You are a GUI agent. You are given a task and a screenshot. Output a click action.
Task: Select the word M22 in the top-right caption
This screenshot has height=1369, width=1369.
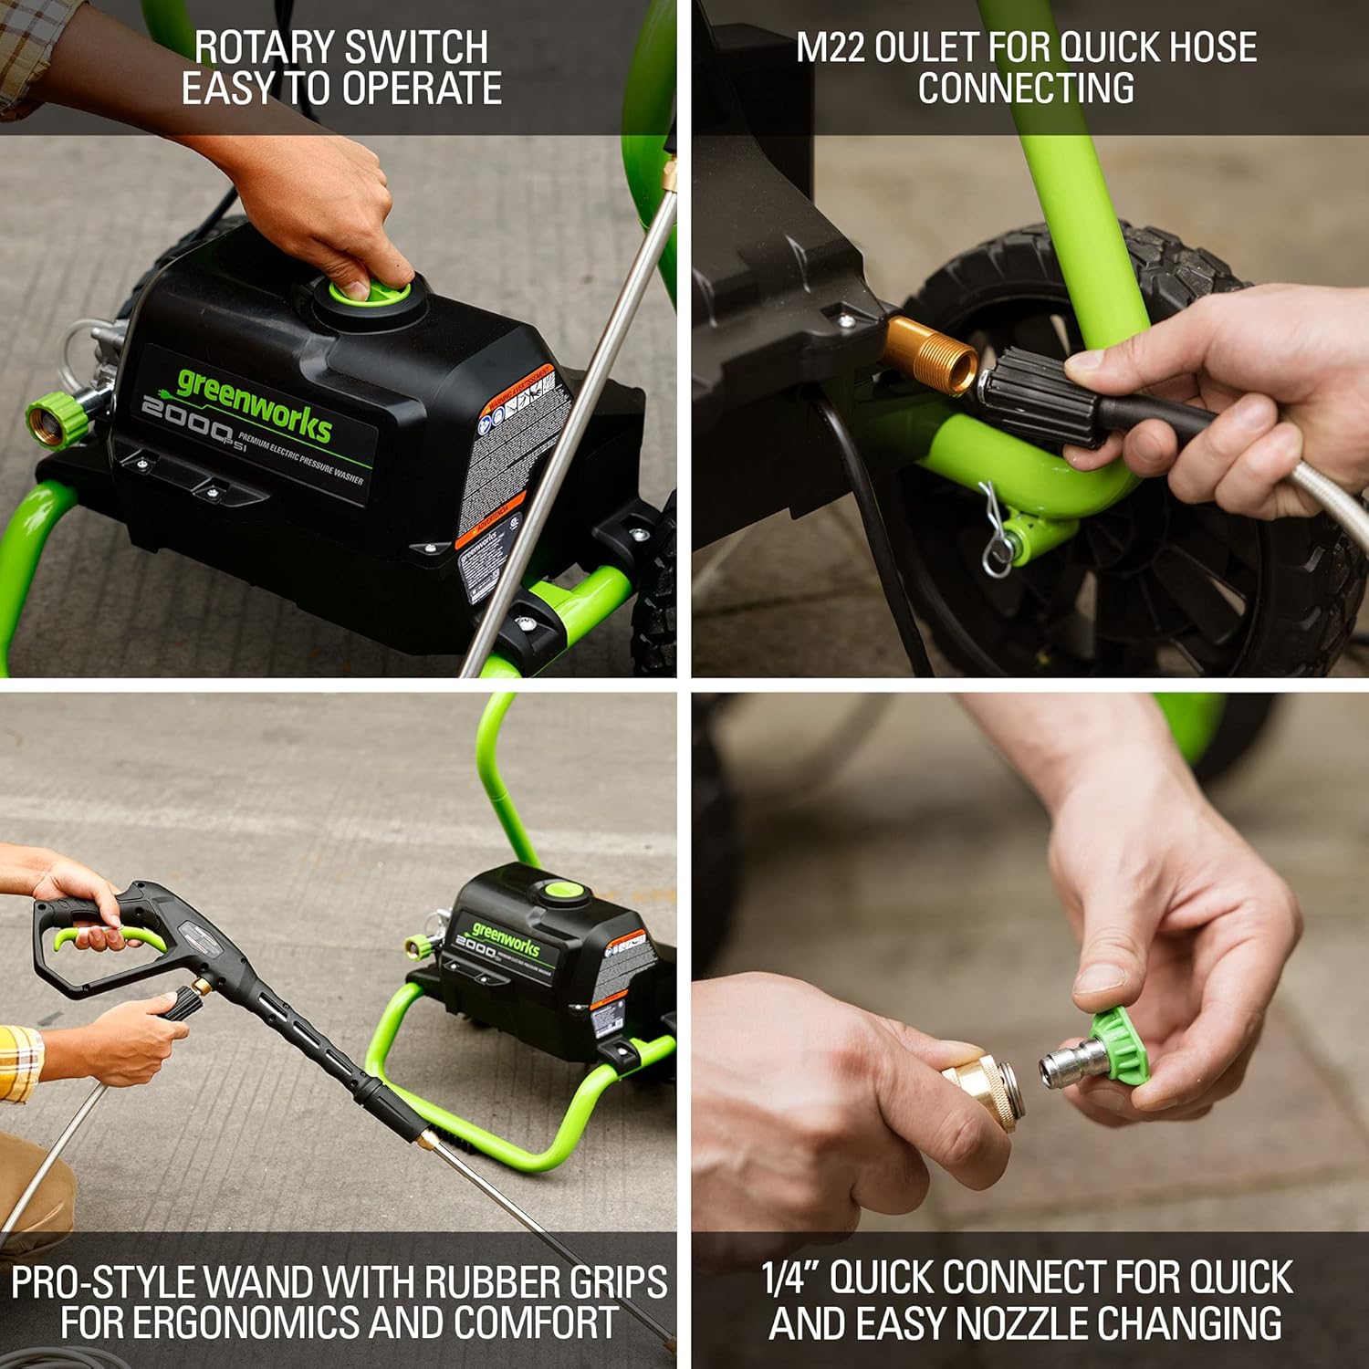(x=830, y=47)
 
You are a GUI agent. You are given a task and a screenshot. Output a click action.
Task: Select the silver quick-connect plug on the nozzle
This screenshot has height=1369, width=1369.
(x=1068, y=1063)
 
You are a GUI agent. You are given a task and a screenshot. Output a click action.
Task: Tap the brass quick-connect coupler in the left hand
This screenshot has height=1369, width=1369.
(x=981, y=1091)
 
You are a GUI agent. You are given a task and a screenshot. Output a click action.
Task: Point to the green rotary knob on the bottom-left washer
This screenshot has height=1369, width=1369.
(x=558, y=890)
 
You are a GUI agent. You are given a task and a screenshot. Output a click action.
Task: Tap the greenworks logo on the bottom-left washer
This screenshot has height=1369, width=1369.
(x=507, y=940)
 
